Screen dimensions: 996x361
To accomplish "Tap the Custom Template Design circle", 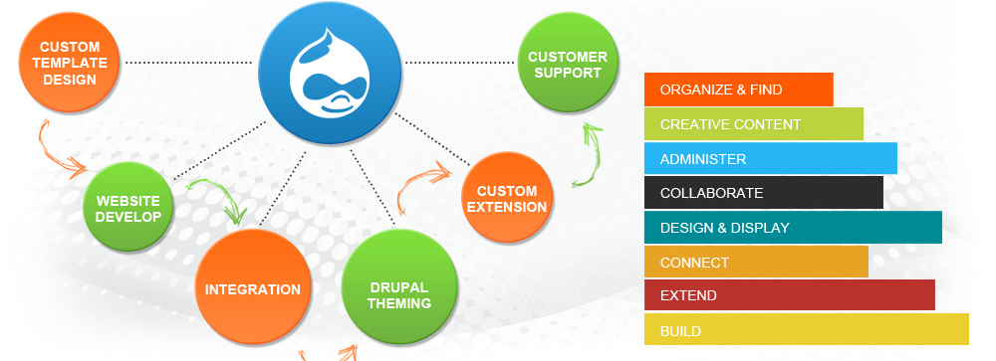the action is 70,63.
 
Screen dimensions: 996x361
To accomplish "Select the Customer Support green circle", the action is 568,63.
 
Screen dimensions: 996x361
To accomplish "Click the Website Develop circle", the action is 128,207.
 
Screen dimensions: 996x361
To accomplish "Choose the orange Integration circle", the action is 253,288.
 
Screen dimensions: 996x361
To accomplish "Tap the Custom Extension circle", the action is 507,197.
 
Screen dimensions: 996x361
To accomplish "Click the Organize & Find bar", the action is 738,90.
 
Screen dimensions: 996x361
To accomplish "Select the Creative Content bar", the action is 753,123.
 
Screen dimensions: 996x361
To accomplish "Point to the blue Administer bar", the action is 771,158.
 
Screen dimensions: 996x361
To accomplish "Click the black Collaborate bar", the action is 764,193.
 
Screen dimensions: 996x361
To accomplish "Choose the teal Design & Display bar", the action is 793,227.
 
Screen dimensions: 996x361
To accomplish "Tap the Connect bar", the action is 756,262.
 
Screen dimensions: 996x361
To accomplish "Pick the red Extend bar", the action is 790,295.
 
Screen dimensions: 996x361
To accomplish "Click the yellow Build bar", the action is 806,329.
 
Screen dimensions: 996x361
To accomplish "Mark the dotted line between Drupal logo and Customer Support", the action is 459,63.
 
